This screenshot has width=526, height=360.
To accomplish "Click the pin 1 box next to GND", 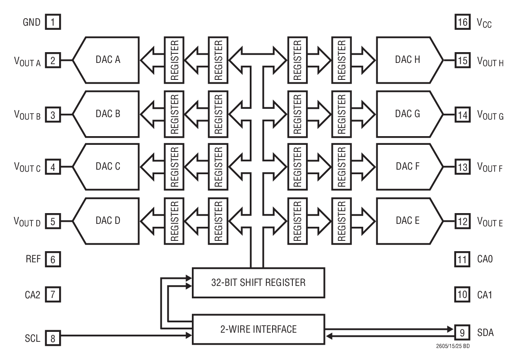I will (x=53, y=22).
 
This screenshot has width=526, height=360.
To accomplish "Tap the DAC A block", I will (x=105, y=60).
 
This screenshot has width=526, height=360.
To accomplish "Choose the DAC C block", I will (x=105, y=167).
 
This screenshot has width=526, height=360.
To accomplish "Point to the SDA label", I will (x=485, y=332).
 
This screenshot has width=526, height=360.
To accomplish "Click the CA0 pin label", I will (x=485, y=259).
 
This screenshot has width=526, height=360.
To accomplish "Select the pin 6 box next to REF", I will (x=53, y=259).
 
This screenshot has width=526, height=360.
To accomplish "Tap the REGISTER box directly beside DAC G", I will (x=340, y=113).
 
